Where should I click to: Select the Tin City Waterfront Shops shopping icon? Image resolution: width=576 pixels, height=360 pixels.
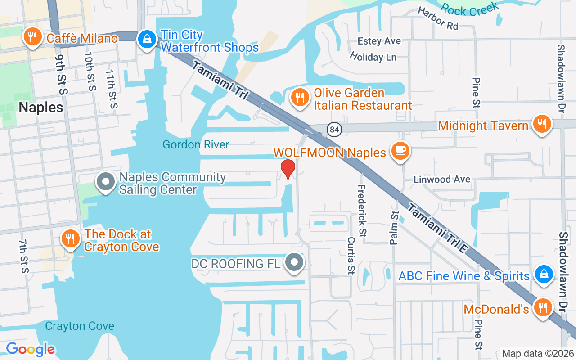coord(147,40)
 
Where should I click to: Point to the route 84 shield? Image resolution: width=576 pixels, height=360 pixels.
coord(334,130)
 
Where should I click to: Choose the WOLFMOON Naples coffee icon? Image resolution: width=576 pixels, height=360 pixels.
coord(400,151)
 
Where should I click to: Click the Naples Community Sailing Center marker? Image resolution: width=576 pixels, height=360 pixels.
coord(106,182)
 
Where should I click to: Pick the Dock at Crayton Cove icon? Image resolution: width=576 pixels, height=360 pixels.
coord(70,239)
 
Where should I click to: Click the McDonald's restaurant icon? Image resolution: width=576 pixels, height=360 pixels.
coord(543,308)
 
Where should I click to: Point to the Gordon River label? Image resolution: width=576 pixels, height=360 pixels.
coord(196,144)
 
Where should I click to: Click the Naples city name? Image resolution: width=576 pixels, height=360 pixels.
coord(41,107)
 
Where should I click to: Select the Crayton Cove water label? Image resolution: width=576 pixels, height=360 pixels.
coord(80,326)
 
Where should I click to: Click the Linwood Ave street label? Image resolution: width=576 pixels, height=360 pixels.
coord(442,179)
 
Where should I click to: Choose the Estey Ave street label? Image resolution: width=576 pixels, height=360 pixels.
coord(379,41)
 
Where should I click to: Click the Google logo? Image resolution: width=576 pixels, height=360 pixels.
coord(31,349)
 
